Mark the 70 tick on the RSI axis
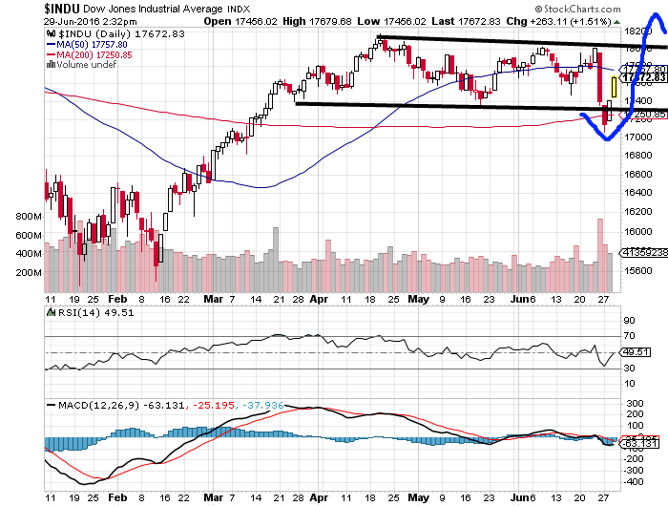coord(629,335)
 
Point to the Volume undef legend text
coord(84,65)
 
